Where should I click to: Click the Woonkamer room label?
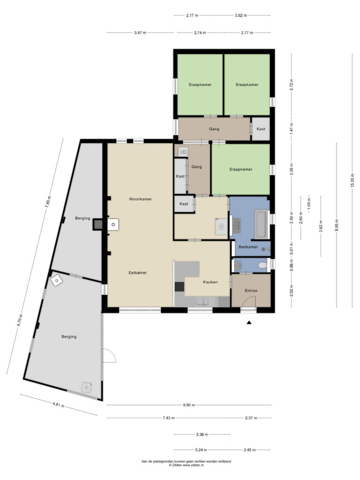click(x=140, y=199)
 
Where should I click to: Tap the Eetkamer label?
click(x=137, y=272)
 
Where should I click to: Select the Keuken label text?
click(x=210, y=282)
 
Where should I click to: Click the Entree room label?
click(x=251, y=291)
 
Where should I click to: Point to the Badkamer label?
click(x=248, y=247)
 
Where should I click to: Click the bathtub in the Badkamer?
click(x=262, y=224)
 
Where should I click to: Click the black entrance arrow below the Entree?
click(x=249, y=322)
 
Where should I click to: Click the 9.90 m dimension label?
click(x=189, y=405)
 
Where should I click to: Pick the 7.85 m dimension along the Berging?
click(x=48, y=202)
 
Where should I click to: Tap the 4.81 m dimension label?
click(x=58, y=405)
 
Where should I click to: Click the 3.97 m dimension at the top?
click(x=140, y=33)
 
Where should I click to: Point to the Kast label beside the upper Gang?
click(x=261, y=129)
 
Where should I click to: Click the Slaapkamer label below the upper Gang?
click(x=240, y=169)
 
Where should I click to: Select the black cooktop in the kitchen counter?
click(x=180, y=286)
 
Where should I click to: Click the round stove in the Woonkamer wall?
click(x=113, y=225)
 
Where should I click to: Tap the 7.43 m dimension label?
click(x=169, y=418)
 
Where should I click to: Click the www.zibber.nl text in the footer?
click(x=193, y=465)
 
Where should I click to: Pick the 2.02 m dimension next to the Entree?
click(x=292, y=291)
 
